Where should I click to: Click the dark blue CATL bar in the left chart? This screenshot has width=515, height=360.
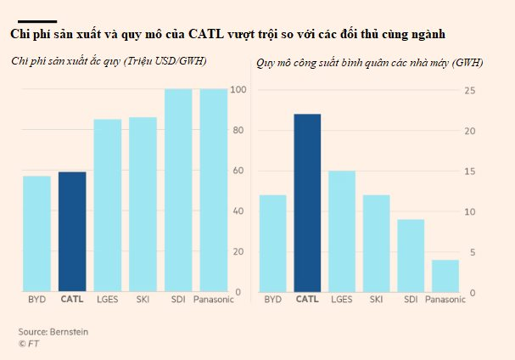(x=72, y=232)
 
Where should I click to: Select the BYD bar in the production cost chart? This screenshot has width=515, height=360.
(x=36, y=233)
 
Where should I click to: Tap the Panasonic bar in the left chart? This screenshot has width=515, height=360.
(x=214, y=190)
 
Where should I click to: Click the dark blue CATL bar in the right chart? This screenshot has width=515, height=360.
(x=307, y=203)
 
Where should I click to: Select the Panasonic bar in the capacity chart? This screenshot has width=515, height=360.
(x=445, y=276)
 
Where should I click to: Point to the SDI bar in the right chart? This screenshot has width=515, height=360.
(x=411, y=256)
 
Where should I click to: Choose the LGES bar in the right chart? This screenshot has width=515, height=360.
(x=342, y=231)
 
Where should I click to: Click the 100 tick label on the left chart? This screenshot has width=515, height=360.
(x=238, y=90)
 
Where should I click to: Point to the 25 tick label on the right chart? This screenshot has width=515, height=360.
(x=477, y=90)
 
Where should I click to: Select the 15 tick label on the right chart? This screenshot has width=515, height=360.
(x=477, y=171)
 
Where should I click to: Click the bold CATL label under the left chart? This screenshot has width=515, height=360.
(x=72, y=300)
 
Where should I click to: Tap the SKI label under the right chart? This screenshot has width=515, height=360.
(x=376, y=300)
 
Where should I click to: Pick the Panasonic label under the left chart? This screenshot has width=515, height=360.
(x=213, y=300)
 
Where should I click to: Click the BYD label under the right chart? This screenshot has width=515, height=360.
(x=272, y=300)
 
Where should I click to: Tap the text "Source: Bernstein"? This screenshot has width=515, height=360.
(x=53, y=331)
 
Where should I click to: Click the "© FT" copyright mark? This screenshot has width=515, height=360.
(x=30, y=343)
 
